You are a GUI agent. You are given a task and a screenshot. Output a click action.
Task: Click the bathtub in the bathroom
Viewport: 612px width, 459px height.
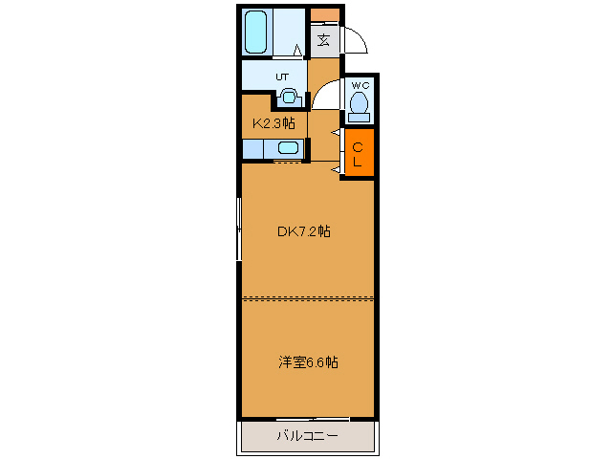(256, 33)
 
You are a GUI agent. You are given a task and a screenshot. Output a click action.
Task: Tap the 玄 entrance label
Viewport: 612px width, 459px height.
(324, 40)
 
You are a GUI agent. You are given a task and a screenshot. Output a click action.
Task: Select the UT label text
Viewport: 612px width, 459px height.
(282, 76)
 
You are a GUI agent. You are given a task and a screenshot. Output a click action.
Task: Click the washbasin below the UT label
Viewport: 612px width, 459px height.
(289, 96)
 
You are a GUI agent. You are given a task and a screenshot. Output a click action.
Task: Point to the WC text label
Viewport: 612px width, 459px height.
(360, 84)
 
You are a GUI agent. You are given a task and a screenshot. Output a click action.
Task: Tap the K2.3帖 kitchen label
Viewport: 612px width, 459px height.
(273, 122)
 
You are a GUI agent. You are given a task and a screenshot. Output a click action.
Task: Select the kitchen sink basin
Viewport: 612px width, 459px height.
(288, 148)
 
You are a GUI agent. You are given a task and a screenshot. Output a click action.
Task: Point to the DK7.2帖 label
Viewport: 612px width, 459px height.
(304, 230)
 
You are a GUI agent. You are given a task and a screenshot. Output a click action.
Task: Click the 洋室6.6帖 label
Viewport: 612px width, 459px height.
(308, 361)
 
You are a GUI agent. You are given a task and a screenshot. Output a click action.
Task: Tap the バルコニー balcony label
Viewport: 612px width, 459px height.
(307, 436)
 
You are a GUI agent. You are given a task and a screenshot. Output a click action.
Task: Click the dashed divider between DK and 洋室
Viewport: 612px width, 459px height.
(307, 298)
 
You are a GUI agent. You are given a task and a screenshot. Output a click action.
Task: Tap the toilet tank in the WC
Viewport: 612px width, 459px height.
(360, 117)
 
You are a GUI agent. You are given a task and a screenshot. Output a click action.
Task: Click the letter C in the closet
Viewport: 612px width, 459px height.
(358, 146)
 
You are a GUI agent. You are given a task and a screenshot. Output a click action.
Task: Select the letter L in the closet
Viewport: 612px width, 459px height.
(358, 162)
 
